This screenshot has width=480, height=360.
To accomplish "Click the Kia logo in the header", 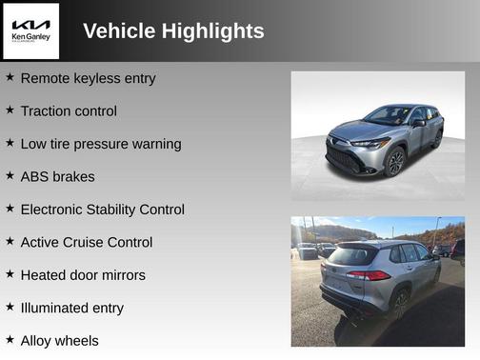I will [30, 24].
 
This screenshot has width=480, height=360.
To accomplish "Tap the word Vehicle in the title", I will [119, 31].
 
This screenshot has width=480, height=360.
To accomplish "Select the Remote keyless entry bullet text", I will [88, 78].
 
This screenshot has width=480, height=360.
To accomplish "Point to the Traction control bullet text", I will [69, 111].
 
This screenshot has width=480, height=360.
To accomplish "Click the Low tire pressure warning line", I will [101, 144].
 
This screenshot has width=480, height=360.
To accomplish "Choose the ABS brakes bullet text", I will [57, 176].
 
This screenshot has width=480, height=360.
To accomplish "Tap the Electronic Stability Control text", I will [103, 210].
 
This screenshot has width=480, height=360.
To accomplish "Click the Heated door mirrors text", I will [83, 275].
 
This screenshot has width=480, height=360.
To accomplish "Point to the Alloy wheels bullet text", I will [59, 340].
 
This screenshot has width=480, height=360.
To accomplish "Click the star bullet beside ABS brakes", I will [10, 175].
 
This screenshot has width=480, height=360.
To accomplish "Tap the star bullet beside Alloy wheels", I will [10, 339].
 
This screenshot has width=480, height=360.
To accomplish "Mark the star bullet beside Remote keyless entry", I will [10, 77].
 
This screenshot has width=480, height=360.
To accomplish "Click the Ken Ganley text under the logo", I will [30, 37].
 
